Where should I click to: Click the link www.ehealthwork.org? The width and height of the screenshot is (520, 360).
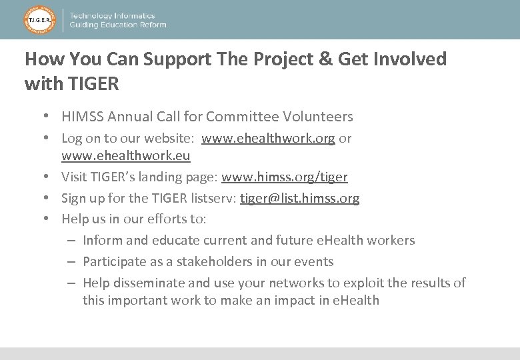[268, 139]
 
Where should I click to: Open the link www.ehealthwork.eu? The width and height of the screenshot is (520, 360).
[126, 156]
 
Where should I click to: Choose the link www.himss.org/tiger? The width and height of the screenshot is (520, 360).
[285, 177]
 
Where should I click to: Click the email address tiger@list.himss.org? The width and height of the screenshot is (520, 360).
[300, 199]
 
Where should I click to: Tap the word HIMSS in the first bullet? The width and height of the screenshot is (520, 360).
[83, 117]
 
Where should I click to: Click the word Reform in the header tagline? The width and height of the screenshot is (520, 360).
[152, 25]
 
